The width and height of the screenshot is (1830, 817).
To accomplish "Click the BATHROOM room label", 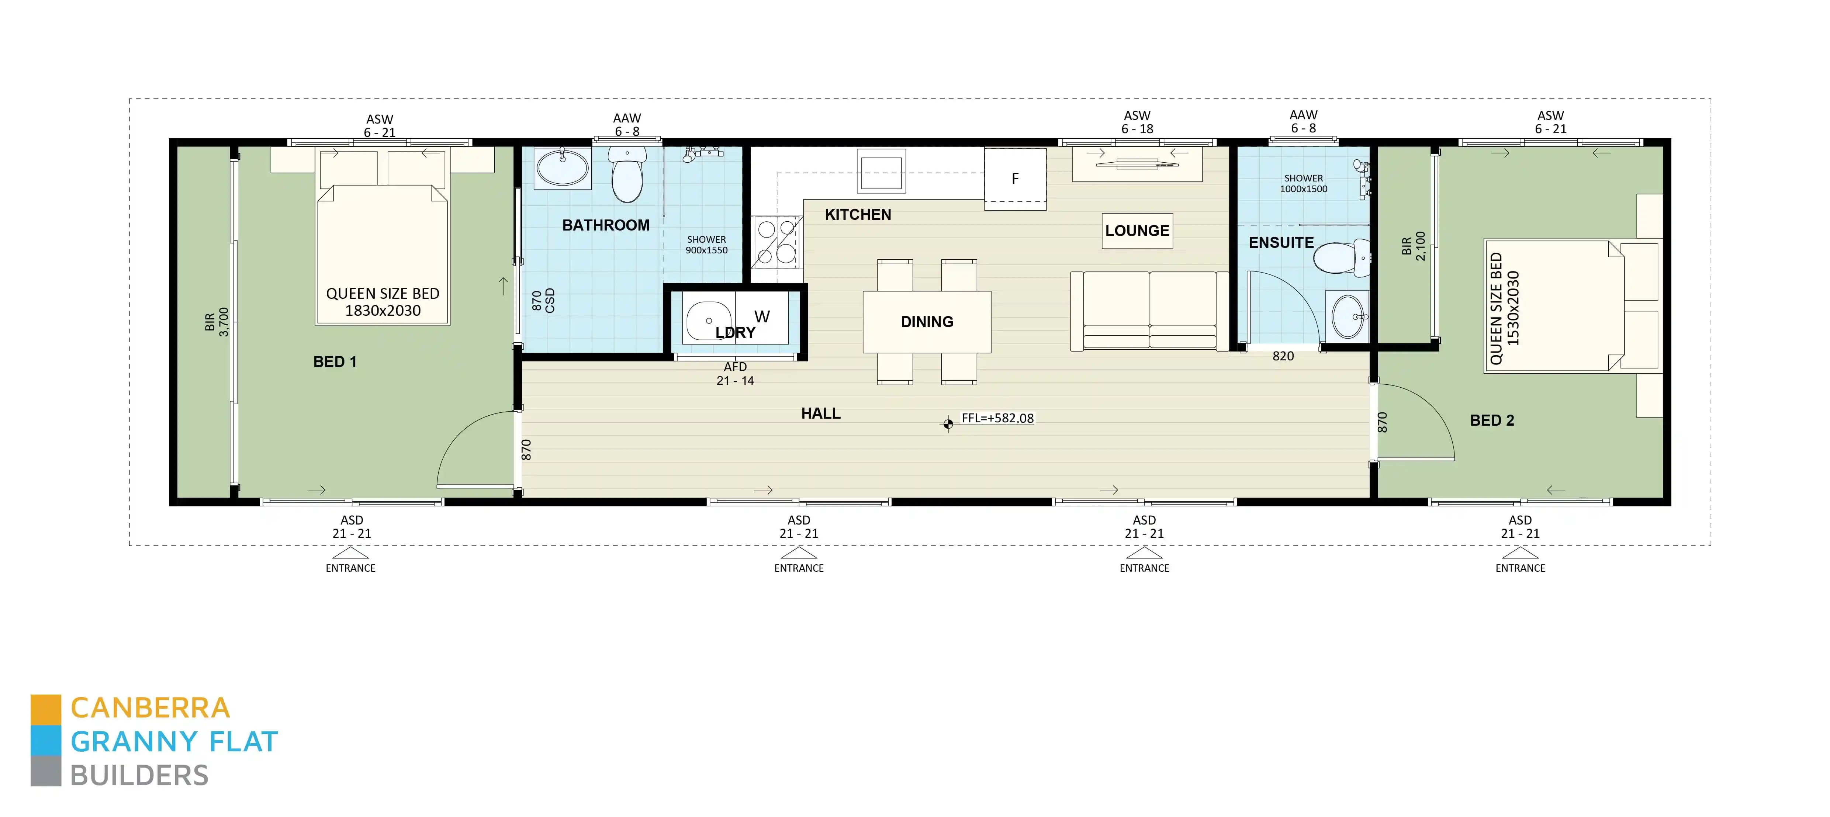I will tap(605, 225).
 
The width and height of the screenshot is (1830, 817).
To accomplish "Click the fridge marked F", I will tap(1014, 178).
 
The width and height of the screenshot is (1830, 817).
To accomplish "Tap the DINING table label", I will tap(926, 322).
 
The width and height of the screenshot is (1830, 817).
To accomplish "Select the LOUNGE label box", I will tap(1137, 231).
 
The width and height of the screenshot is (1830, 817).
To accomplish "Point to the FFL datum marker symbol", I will tap(948, 424).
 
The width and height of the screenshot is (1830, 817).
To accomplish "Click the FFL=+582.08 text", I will tap(997, 418).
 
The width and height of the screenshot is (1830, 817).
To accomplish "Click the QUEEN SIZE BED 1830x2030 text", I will tap(382, 302).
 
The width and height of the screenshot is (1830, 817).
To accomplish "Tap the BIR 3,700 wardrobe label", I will tap(217, 322).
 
